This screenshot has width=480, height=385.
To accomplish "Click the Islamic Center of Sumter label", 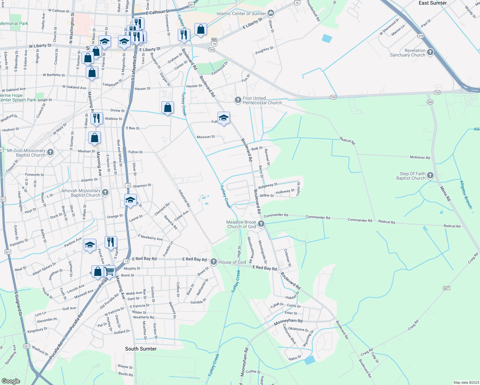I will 241,13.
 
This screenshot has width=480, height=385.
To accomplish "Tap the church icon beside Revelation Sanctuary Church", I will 430,52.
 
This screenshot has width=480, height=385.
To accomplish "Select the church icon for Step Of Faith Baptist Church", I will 430,175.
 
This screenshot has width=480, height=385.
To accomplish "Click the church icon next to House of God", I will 214,262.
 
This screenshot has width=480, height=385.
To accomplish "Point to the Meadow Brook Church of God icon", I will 261,224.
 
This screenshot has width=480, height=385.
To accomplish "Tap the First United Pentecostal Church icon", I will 238,100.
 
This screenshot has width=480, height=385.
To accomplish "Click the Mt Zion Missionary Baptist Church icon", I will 50,152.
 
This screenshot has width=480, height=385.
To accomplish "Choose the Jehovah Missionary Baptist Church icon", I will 105,193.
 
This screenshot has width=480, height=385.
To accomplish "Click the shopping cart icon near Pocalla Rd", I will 109,271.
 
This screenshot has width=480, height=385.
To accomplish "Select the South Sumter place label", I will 141,349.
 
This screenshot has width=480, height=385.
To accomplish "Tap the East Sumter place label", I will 433,3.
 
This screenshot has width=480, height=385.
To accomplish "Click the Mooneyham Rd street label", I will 288,321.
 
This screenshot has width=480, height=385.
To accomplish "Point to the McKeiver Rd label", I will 420,158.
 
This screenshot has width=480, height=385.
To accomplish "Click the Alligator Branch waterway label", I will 466,194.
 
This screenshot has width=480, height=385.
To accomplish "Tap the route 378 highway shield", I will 421,36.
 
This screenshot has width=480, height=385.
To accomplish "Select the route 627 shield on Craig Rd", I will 446,288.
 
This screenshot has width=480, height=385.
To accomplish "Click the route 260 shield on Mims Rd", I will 430,102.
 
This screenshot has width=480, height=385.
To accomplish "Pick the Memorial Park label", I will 14,23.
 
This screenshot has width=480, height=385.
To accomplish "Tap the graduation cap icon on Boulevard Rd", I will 224,118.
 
